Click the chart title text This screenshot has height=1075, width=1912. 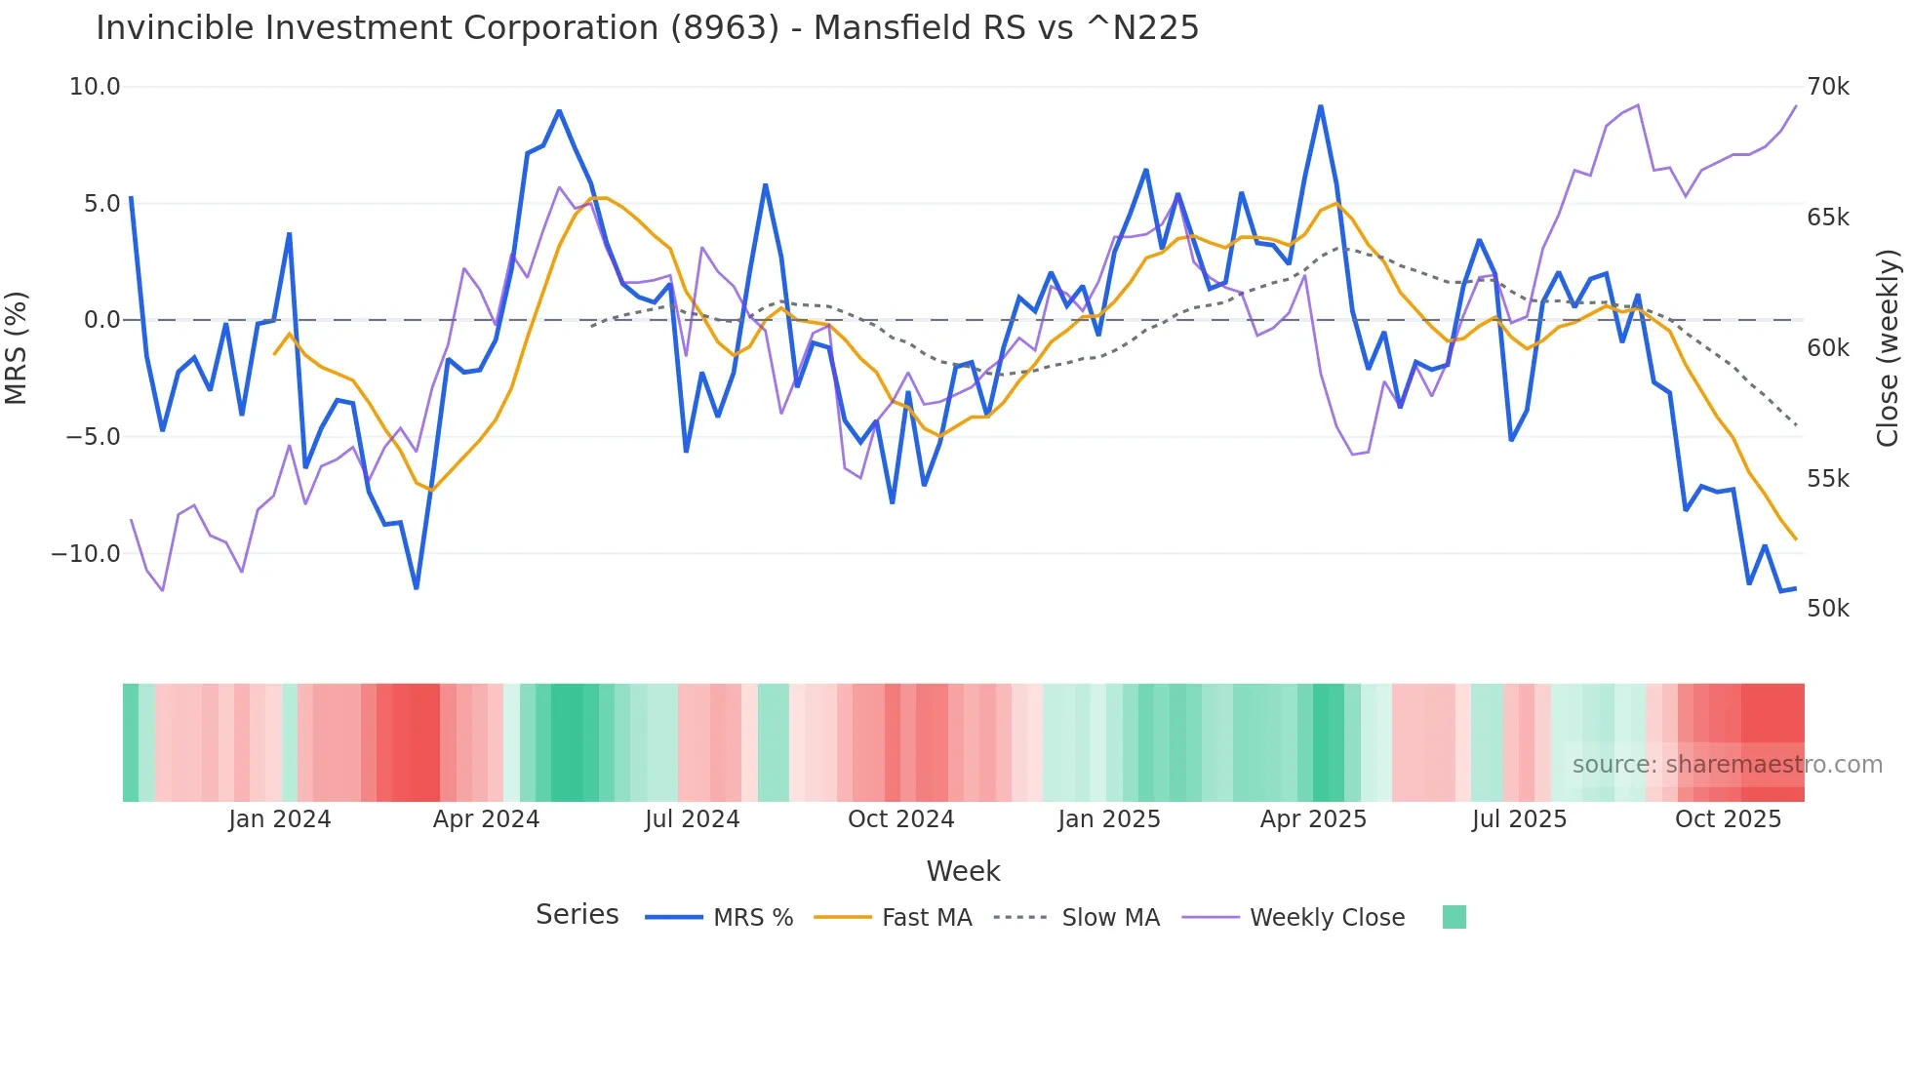pos(647,28)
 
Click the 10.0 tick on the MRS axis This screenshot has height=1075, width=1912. pos(95,87)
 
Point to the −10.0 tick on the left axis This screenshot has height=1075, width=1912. pos(86,553)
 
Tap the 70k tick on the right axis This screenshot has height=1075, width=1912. pos(1827,87)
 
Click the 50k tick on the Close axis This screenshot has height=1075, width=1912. pos(1827,609)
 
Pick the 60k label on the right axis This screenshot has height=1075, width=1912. pos(1827,348)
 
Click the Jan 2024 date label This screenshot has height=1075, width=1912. pos(280,819)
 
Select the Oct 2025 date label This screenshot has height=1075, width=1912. pos(1728,819)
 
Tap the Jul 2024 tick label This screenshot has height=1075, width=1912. pos(693,819)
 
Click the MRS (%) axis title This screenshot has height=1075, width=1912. pos(17,347)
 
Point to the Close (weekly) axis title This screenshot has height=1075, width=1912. pos(1888,347)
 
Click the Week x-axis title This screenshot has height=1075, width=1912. pos(963,871)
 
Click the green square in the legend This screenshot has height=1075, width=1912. pos(1454,917)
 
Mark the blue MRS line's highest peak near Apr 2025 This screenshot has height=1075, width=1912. pos(1320,106)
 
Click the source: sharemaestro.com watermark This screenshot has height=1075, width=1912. pos(1727,765)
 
